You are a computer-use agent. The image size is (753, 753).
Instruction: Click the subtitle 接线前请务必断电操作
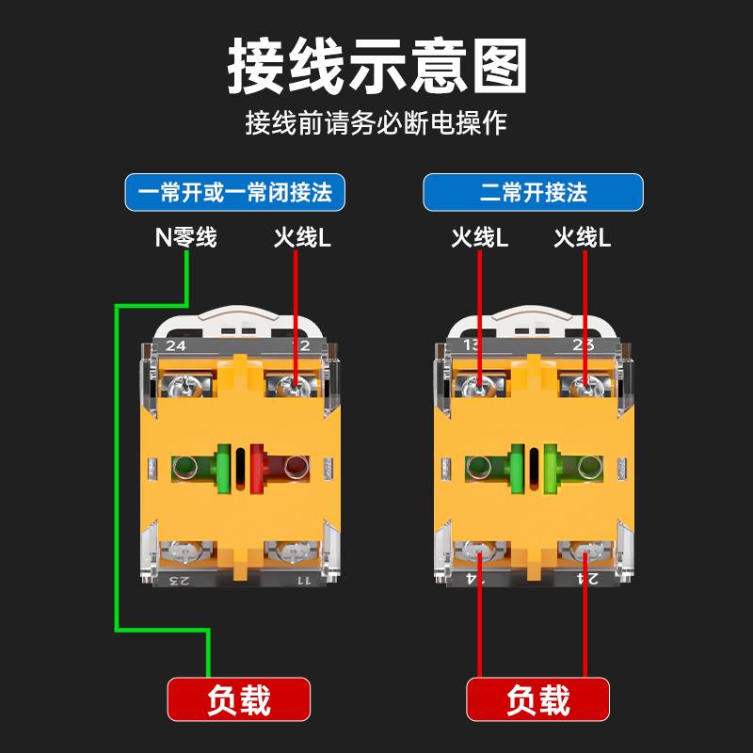click(376, 123)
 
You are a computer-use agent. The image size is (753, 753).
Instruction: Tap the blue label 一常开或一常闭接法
click(235, 193)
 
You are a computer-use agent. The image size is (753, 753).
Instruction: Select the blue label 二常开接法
click(533, 193)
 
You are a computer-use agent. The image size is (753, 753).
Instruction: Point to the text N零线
click(186, 237)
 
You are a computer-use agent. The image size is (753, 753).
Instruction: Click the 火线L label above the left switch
click(302, 237)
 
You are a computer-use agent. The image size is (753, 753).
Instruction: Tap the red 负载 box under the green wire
click(238, 700)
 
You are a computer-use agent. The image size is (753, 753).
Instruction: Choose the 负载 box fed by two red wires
click(537, 700)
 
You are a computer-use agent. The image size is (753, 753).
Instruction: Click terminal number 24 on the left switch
click(175, 345)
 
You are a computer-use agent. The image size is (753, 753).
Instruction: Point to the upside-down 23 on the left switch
click(175, 580)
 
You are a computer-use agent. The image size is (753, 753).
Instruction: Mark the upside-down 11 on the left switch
click(303, 580)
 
